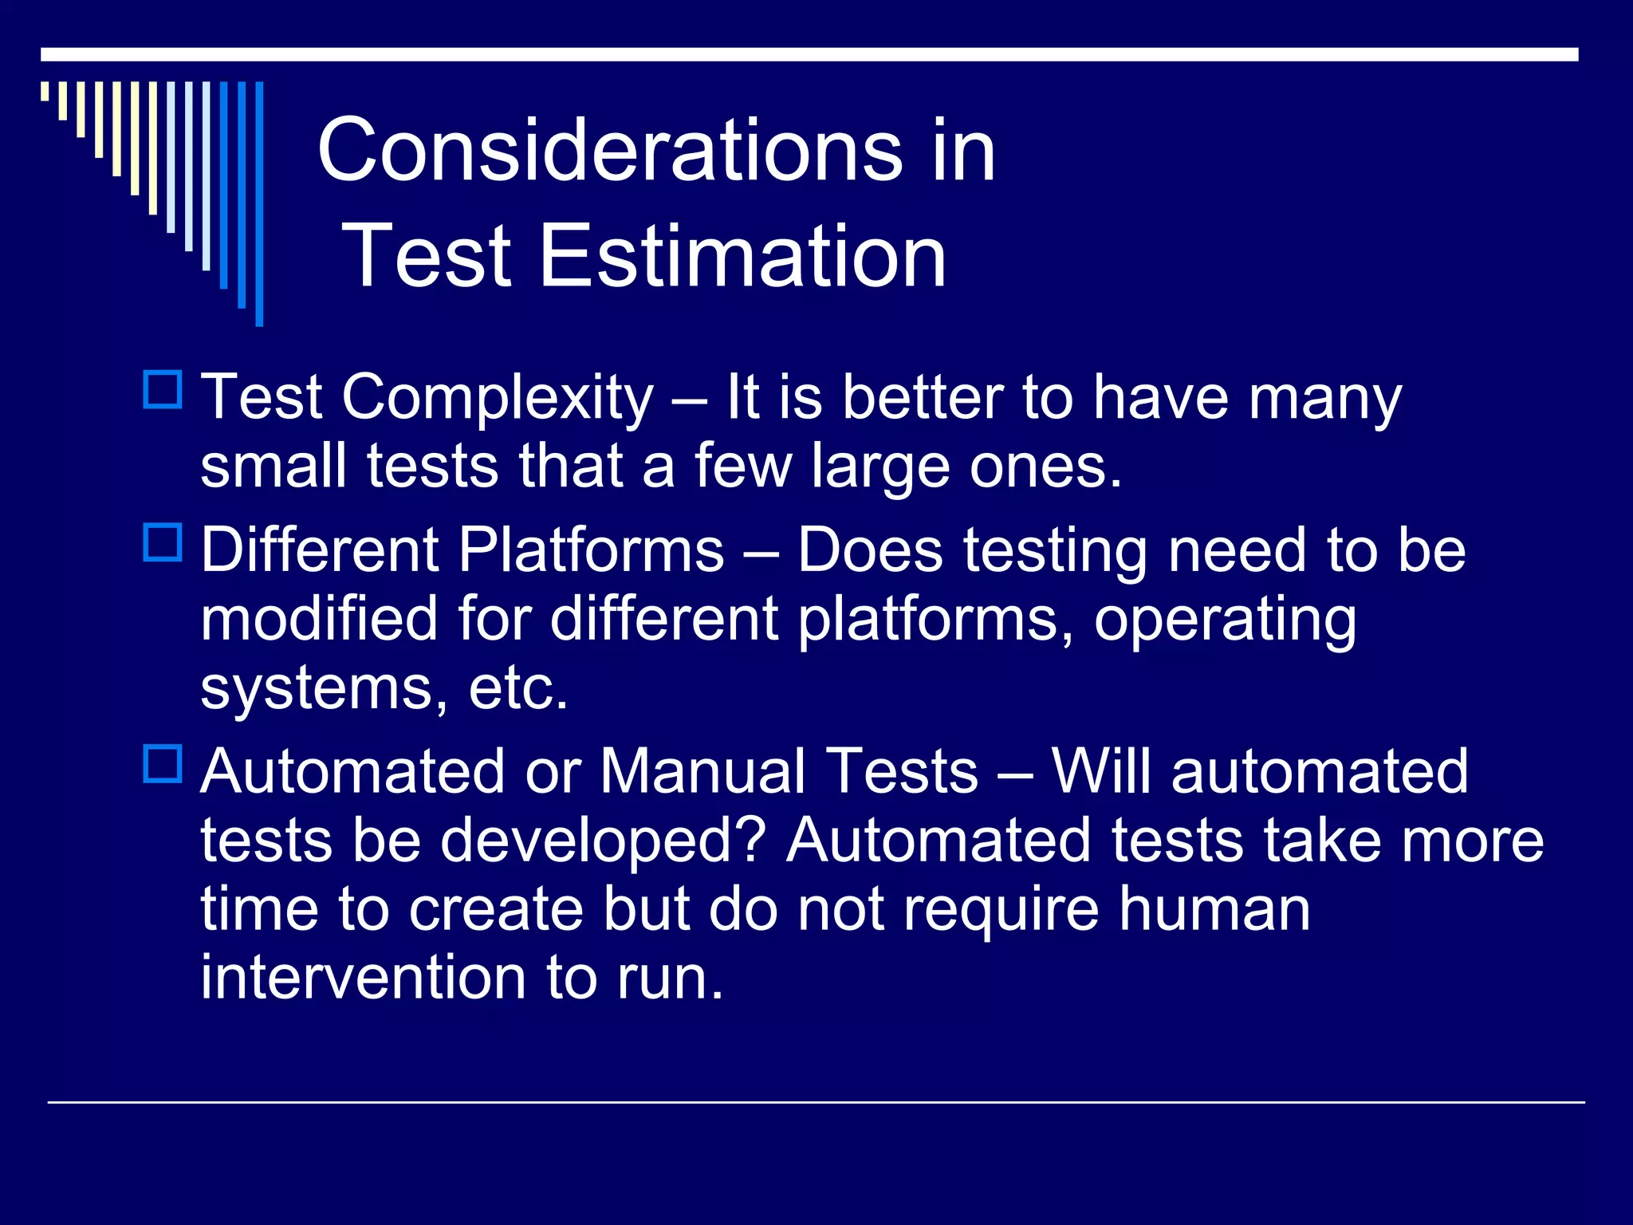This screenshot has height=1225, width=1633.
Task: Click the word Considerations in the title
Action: click(610, 150)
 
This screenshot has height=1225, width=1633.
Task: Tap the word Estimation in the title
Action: click(743, 256)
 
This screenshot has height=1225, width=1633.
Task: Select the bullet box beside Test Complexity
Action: click(163, 390)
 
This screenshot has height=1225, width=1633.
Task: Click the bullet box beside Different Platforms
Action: click(163, 542)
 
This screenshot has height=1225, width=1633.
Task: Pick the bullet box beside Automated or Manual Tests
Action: click(163, 763)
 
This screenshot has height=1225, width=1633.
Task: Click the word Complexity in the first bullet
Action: click(498, 399)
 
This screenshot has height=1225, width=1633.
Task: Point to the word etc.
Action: click(518, 688)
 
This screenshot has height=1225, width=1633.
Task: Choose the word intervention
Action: click(363, 978)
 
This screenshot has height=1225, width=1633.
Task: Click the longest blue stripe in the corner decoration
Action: click(259, 203)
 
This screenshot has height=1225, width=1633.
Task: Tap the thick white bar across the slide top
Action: click(809, 54)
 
